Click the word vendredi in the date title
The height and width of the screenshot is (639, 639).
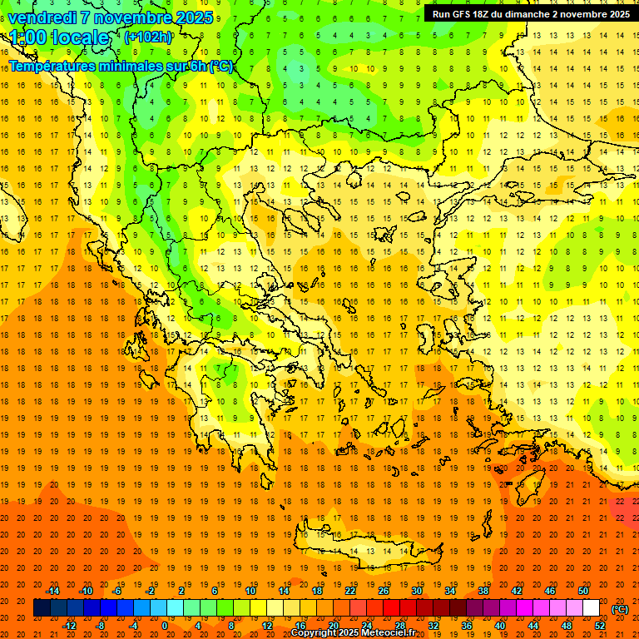(43, 17)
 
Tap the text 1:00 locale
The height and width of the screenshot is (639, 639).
(59, 37)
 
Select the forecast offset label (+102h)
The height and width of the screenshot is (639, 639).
(148, 37)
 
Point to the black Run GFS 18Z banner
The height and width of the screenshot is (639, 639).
(530, 13)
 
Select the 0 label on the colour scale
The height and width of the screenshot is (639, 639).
(165, 626)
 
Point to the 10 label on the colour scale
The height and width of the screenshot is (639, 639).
(250, 591)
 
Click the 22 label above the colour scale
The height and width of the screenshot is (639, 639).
(350, 591)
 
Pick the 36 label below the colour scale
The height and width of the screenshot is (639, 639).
(467, 626)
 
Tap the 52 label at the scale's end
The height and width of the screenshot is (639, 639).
(600, 626)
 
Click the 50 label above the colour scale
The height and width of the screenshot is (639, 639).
(583, 591)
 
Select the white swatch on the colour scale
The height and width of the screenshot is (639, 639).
(592, 608)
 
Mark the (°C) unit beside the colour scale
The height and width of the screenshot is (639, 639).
(620, 609)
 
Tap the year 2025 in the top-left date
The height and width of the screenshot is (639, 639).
(194, 17)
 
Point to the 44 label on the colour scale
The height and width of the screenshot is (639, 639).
(533, 626)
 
